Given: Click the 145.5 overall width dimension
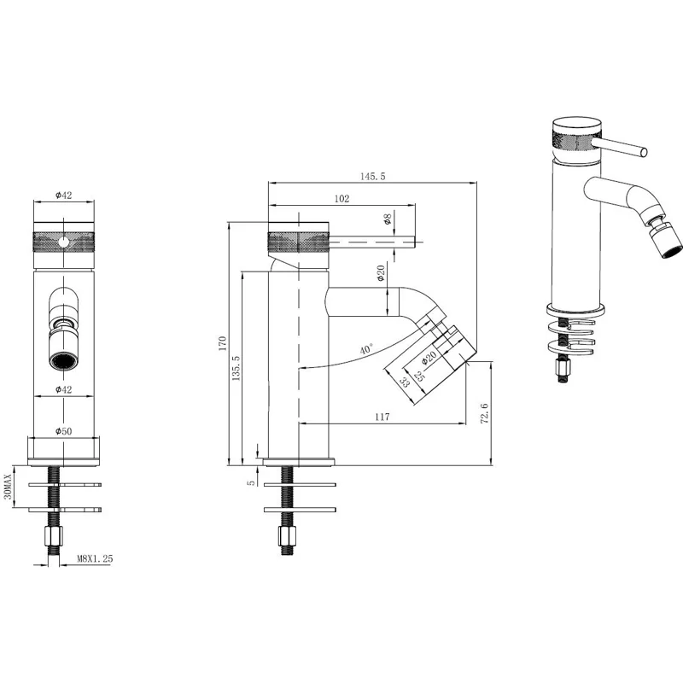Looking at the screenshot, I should (x=373, y=176).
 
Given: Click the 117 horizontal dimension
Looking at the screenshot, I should (x=382, y=417).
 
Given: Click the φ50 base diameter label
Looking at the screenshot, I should (x=63, y=430).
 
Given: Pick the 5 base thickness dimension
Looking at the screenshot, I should (x=250, y=482).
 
